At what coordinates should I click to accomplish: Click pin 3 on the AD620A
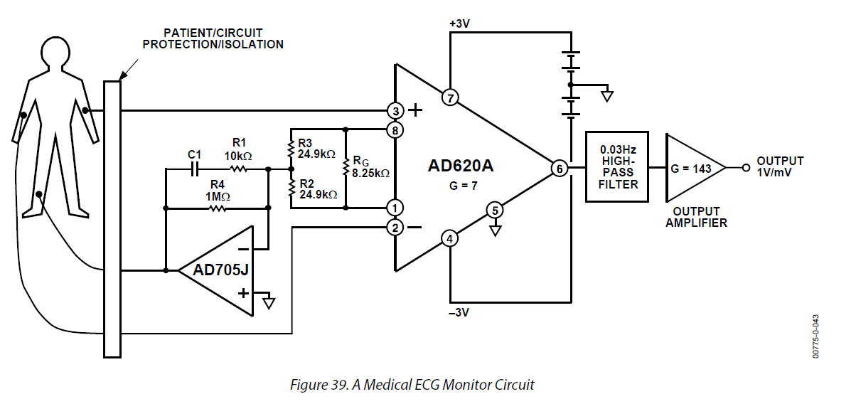coord(395,110)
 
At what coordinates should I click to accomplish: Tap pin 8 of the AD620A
coord(395,129)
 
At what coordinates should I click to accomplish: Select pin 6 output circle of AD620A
coord(560,169)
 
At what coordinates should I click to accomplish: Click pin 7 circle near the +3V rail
coord(449,97)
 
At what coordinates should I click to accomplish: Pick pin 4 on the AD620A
coord(449,238)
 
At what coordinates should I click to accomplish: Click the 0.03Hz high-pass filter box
coord(616,167)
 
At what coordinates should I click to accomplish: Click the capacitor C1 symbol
coord(195,169)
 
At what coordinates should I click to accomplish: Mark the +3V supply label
coord(459,23)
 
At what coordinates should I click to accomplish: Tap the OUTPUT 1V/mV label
coord(780,167)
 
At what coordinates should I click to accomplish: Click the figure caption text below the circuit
coord(412,385)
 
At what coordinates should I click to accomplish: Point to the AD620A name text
coord(461,167)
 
